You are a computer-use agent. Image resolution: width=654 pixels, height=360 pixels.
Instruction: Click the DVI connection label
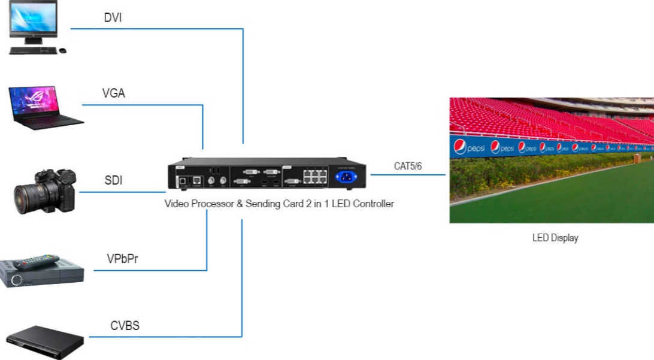(113, 18)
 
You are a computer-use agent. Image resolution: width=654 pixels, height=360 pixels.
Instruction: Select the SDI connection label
(113, 180)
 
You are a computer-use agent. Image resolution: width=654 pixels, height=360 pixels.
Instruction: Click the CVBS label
(125, 326)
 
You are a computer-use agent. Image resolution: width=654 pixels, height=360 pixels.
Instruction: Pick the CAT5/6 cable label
(407, 166)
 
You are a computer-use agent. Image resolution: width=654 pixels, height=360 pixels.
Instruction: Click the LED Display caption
(555, 238)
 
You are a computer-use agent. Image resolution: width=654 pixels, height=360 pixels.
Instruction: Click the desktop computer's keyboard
(33, 50)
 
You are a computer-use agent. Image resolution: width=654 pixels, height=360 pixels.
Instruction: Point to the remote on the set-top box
(37, 262)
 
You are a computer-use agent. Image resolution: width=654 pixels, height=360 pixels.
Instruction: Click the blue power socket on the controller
(346, 176)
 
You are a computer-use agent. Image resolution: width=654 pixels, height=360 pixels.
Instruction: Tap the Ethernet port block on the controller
(314, 177)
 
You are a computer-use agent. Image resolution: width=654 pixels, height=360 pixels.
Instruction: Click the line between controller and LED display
(407, 175)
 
